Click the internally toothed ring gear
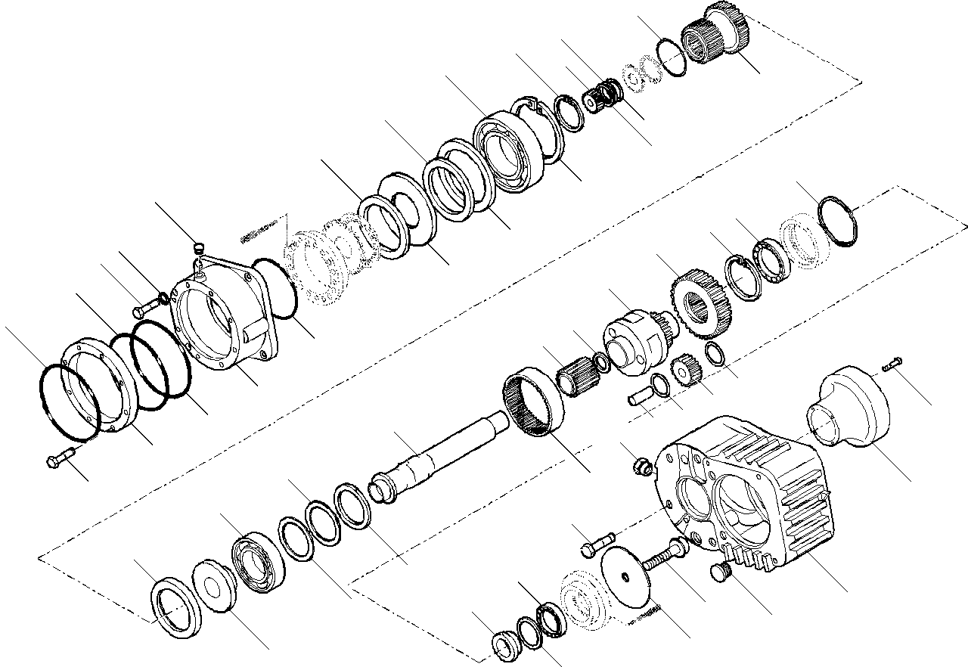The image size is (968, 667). click(532, 402)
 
